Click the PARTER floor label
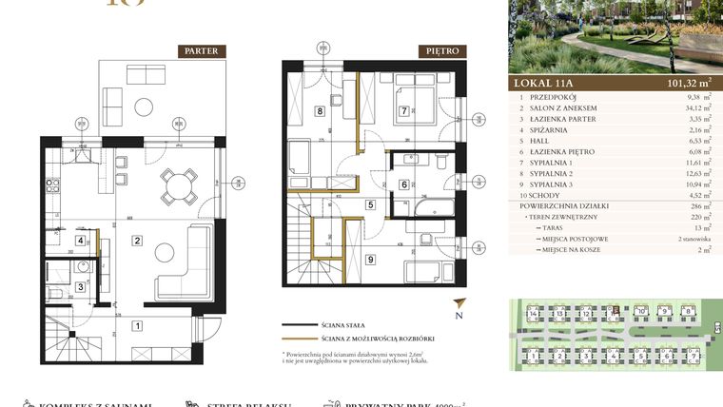point(202,51)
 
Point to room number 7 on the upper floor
point(404,111)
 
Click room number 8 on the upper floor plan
point(320,111)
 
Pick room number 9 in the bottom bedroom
point(370,258)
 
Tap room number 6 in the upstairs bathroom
point(404,184)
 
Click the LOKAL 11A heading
point(546,83)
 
